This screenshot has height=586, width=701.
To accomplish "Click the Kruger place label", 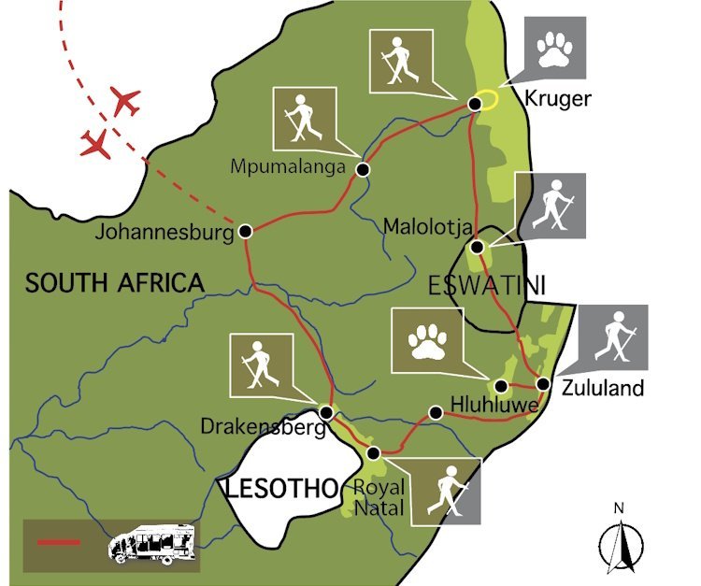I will click(x=559, y=99).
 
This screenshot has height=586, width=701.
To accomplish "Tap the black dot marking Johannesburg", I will click(x=245, y=231).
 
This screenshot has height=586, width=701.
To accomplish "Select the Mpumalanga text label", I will click(x=288, y=166).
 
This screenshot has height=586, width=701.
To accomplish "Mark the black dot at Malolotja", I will click(x=477, y=248).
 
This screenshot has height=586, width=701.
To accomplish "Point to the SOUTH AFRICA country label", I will click(x=114, y=283).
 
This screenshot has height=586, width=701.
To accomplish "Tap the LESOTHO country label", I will click(x=278, y=487).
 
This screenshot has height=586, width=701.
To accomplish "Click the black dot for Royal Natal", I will click(x=374, y=453).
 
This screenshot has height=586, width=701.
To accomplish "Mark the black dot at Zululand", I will click(x=543, y=384).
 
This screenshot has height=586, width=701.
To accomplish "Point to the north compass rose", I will click(x=618, y=539).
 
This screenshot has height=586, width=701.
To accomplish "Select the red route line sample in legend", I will click(x=58, y=542).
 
